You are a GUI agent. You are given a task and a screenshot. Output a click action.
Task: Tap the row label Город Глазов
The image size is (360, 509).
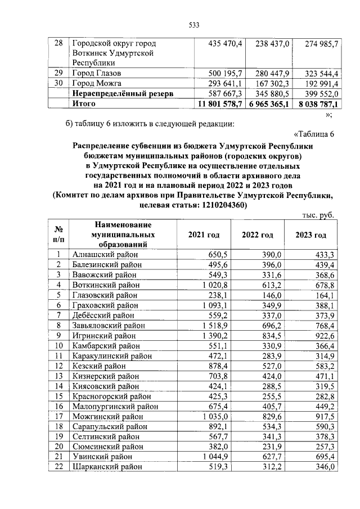97,74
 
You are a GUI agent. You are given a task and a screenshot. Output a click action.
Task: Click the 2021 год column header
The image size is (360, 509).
203,235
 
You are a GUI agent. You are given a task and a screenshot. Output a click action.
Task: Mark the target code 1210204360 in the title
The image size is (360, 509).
220,205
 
